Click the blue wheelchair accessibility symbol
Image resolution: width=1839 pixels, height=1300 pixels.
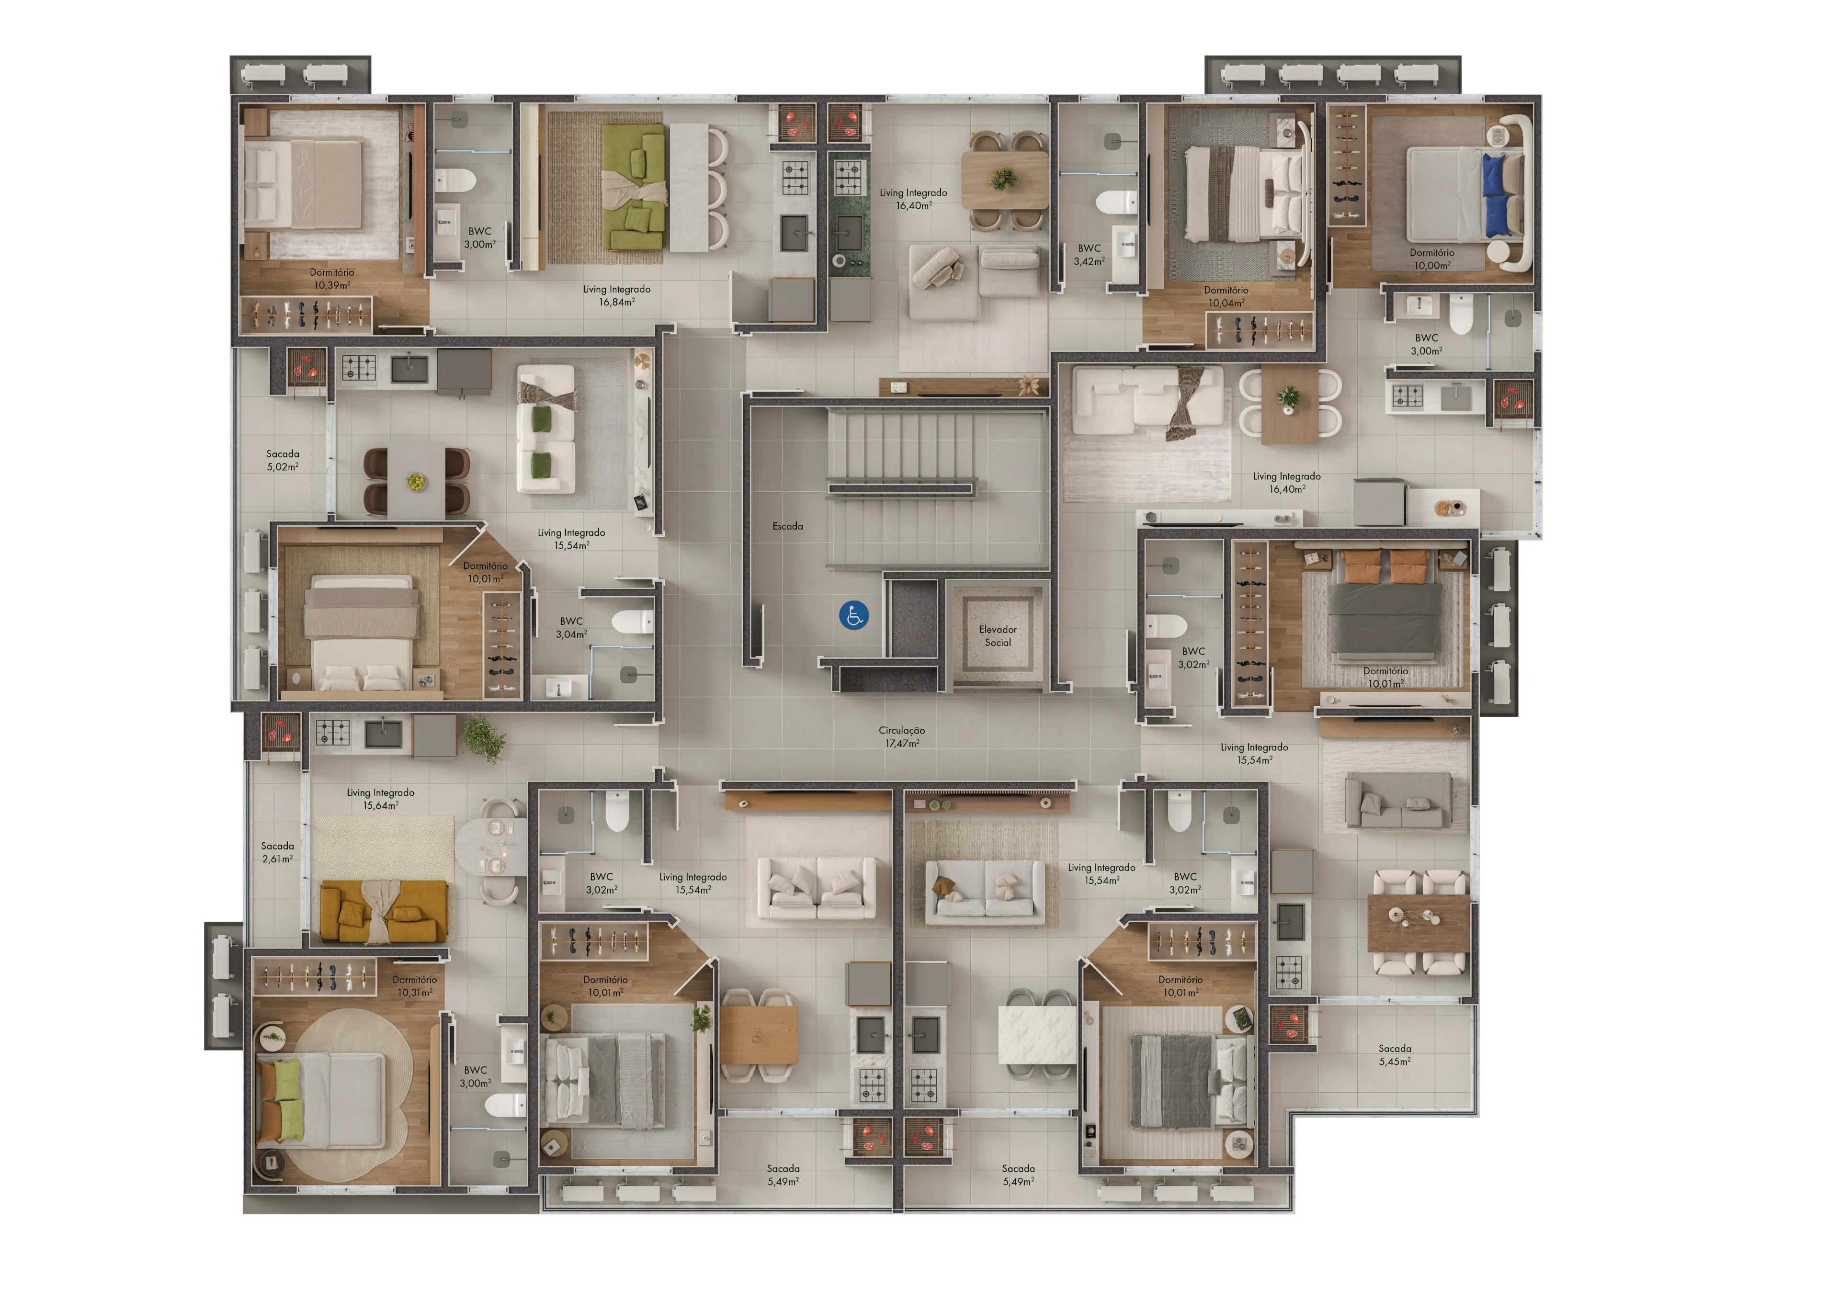point(854,616)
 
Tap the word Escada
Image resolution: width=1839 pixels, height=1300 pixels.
point(787,526)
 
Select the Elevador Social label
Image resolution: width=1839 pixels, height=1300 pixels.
point(998,636)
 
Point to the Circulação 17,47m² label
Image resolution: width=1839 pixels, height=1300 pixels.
point(902,737)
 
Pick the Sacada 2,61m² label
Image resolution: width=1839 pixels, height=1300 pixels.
point(277,852)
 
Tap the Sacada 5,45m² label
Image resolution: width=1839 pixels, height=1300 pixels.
point(1395,1055)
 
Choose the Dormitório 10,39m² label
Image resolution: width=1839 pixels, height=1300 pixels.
point(331,279)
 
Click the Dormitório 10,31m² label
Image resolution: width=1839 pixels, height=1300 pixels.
point(415,986)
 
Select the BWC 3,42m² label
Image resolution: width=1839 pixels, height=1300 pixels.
point(1090,255)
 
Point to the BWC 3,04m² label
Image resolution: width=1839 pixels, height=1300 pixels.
point(571,627)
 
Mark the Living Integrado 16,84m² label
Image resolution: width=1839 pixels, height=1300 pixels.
point(617,295)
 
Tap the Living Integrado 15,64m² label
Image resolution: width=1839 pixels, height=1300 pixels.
point(380,799)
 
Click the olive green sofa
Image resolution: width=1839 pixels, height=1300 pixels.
point(635,187)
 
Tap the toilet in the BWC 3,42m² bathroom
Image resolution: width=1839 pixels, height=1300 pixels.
point(1116,203)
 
